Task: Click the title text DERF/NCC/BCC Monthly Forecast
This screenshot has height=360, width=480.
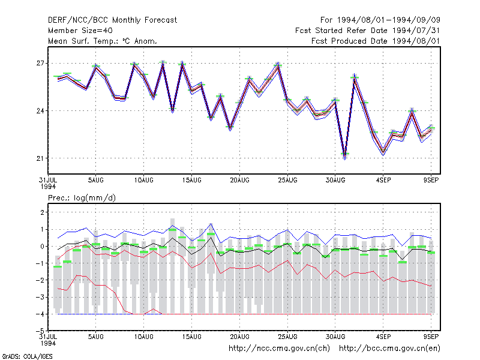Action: tap(112, 20)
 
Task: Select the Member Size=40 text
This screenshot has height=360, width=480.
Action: tap(80, 31)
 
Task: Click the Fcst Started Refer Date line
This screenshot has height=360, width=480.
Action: tap(368, 31)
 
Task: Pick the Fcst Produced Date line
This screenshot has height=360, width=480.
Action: tap(376, 41)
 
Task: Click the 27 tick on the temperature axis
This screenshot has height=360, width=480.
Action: tap(40, 64)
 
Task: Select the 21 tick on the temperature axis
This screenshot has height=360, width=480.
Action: tap(40, 158)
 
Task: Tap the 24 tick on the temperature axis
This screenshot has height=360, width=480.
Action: tap(40, 111)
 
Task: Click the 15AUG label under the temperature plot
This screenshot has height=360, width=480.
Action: tap(191, 181)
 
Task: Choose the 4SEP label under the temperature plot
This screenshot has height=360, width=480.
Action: tap(383, 181)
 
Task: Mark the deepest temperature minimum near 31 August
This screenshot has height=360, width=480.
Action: tap(344, 158)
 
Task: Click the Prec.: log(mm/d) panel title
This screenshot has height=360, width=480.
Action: tap(82, 198)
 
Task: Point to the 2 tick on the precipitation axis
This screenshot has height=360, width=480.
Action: tap(42, 212)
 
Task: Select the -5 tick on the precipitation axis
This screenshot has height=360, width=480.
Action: tap(40, 331)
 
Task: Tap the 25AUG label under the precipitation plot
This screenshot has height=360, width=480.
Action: tap(287, 337)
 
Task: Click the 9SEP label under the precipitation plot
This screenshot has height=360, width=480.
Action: tap(431, 337)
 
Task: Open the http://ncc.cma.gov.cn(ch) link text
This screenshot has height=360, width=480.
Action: tap(279, 349)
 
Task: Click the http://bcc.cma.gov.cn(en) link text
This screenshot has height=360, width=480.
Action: tap(389, 349)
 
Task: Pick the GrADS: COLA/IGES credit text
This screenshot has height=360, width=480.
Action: tap(27, 356)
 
